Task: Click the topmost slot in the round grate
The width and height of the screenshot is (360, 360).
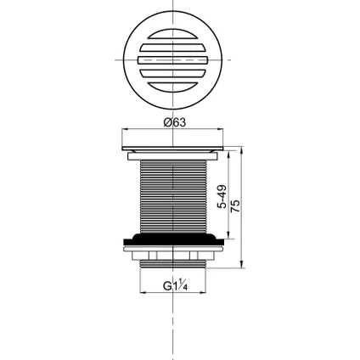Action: pyautogui.click(x=174, y=35)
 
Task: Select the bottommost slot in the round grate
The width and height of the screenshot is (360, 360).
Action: pyautogui.click(x=174, y=88)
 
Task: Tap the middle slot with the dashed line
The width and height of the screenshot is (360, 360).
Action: pyautogui.click(x=174, y=62)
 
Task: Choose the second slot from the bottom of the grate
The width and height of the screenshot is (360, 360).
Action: pyautogui.click(x=174, y=76)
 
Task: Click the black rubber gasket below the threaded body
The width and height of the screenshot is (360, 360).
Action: pyautogui.click(x=174, y=239)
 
